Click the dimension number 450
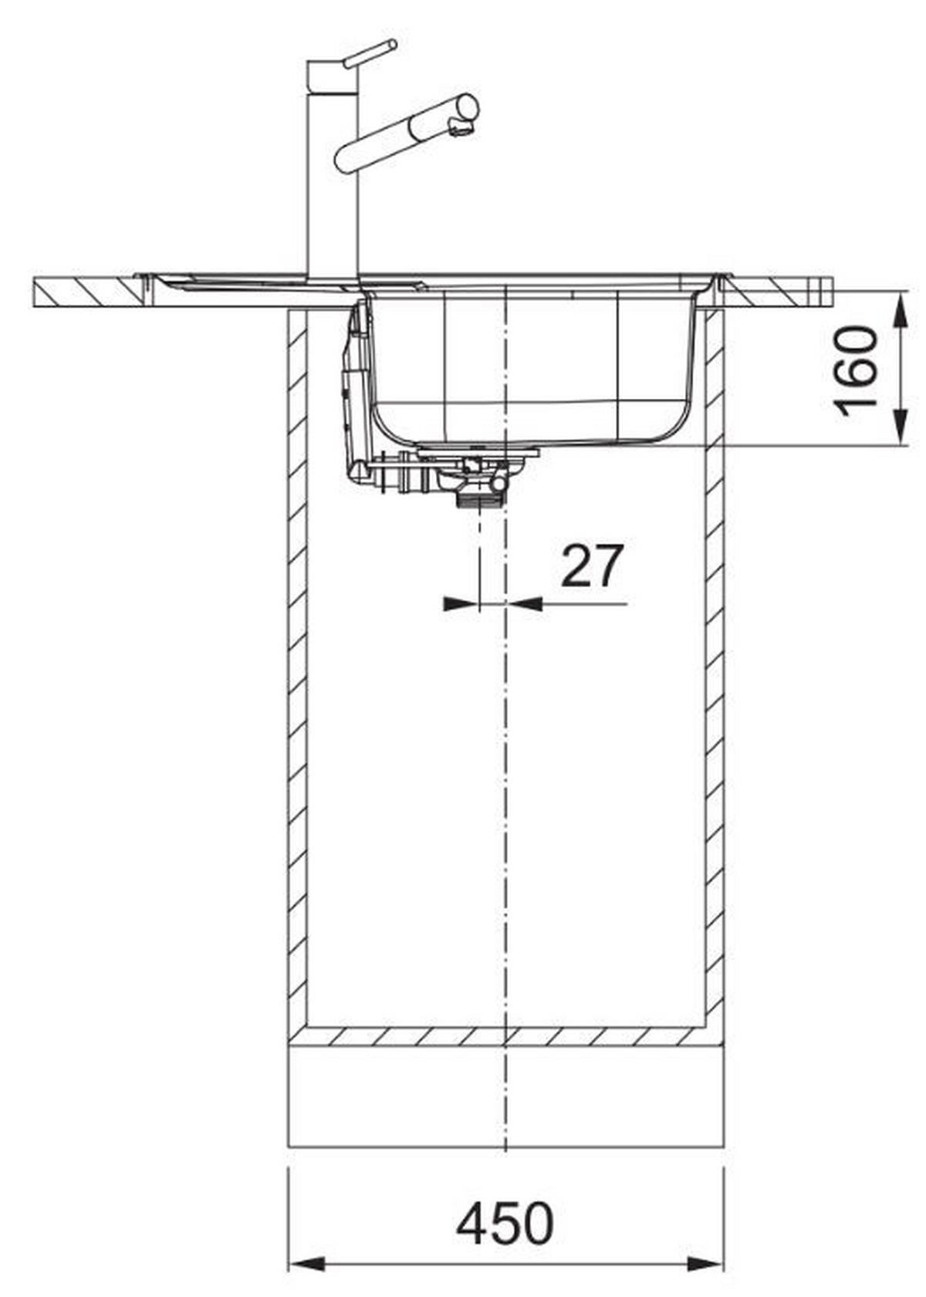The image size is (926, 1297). click(505, 1223)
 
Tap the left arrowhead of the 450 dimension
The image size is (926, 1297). click(305, 1264)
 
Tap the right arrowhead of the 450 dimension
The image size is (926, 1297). click(707, 1264)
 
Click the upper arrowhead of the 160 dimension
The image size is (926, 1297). click(901, 308)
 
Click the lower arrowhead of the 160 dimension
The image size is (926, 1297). click(901, 429)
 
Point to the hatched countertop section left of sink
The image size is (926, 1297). click(85, 292)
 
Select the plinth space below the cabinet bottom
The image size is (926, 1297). click(505, 1096)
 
